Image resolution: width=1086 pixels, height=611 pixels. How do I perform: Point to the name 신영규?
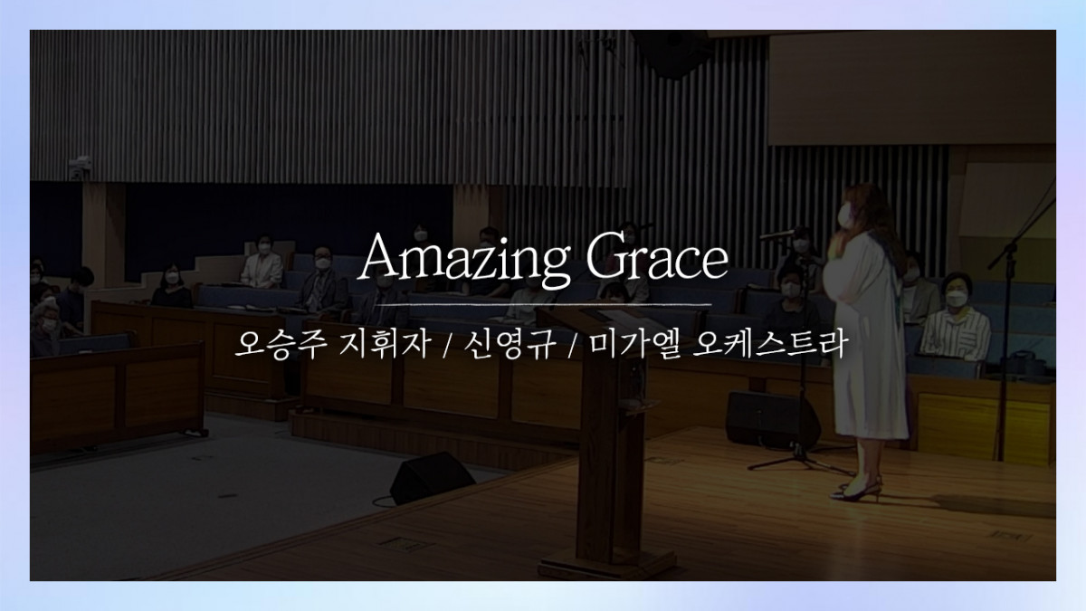(x=509, y=344)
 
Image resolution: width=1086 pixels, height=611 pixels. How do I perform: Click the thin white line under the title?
(x=544, y=305)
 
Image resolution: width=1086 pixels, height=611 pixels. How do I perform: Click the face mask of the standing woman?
(x=845, y=215)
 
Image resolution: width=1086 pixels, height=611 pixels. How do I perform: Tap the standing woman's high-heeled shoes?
(x=857, y=491)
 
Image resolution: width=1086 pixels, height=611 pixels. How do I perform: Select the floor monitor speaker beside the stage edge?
(x=432, y=478)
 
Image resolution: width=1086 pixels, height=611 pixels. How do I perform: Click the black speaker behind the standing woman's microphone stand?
(x=773, y=419)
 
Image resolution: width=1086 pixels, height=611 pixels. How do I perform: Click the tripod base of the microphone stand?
(x=801, y=461)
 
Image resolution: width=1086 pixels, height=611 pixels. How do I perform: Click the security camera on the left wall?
(x=80, y=167)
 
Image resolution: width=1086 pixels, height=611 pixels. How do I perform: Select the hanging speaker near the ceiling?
(x=674, y=53)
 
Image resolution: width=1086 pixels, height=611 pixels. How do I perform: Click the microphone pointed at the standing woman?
(x=777, y=235)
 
